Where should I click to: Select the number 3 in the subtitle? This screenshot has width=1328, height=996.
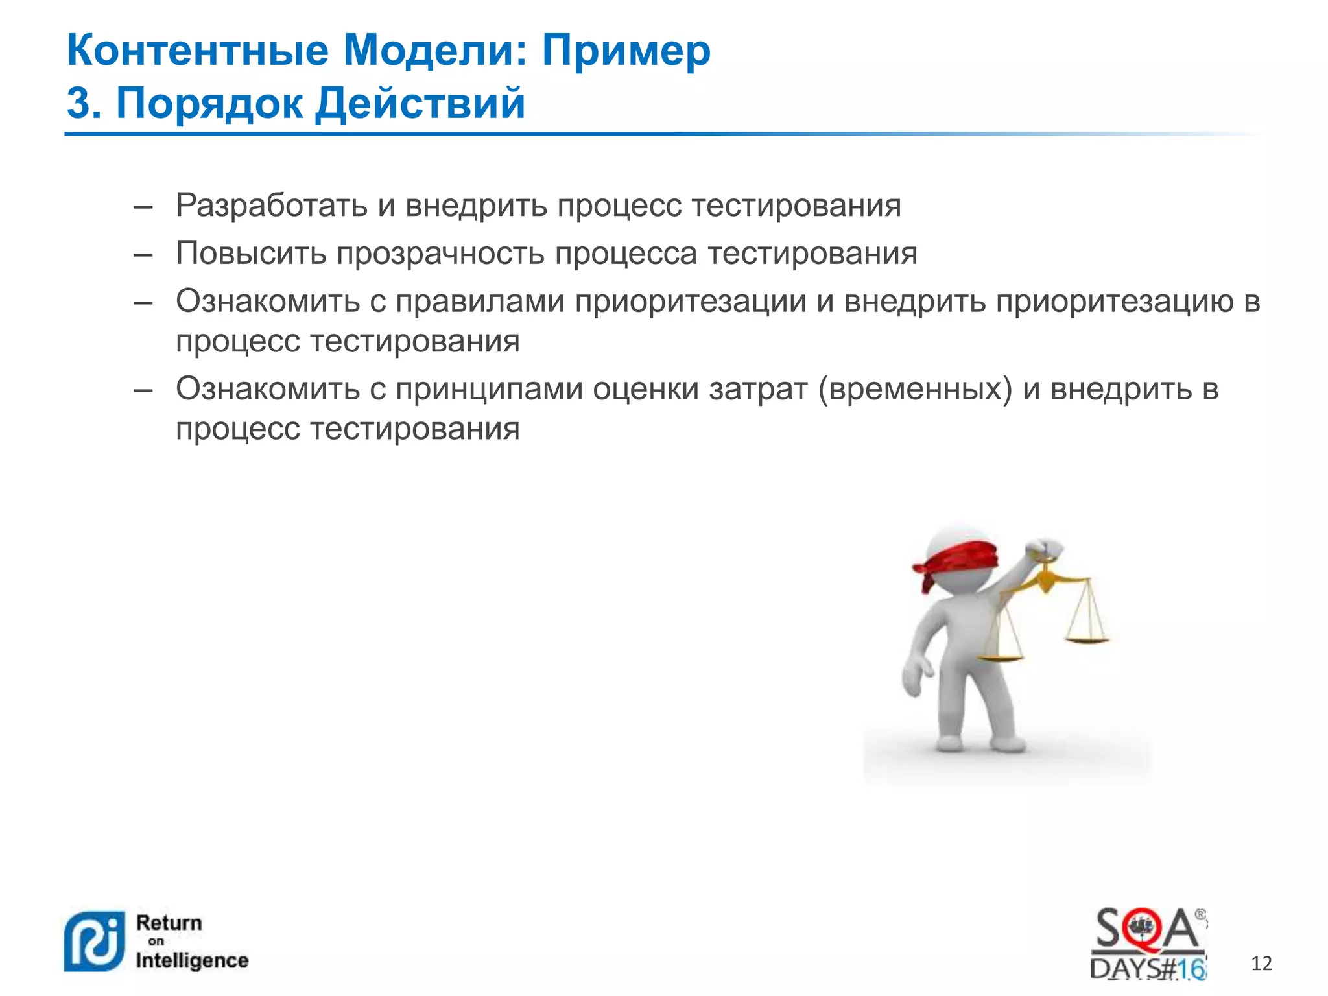79,104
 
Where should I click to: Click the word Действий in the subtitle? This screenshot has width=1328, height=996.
420,104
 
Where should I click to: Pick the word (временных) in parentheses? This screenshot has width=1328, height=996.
915,389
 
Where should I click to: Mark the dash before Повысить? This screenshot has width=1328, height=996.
143,254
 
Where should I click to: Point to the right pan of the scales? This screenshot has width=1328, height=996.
1087,640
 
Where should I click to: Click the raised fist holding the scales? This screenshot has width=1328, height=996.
1045,550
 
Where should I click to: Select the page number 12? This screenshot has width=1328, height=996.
1261,964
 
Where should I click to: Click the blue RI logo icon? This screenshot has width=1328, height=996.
93,942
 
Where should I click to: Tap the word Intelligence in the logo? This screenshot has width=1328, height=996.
192,960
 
